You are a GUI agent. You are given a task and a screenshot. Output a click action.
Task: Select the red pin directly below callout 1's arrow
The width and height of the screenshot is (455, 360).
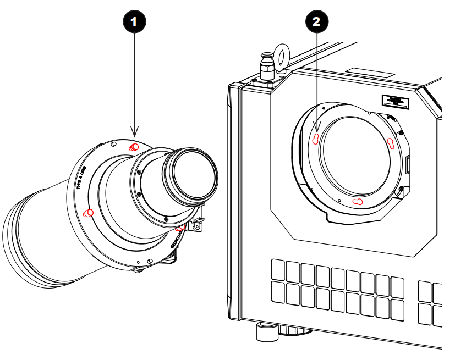coord(134,147)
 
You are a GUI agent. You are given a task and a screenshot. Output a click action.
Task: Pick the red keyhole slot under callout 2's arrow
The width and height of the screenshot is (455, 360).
coord(316,139)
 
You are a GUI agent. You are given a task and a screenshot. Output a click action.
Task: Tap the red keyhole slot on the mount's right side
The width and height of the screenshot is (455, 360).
coord(391,144)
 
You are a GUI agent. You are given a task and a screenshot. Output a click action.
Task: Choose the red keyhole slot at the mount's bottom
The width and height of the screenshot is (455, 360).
coord(358,202)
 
